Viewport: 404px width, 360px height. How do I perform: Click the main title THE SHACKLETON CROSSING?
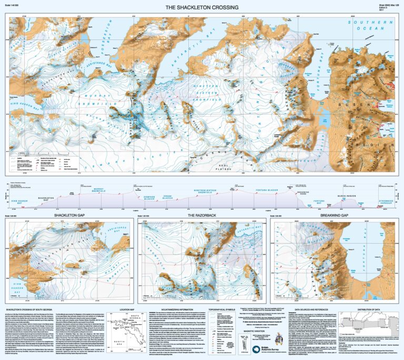(202, 7)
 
